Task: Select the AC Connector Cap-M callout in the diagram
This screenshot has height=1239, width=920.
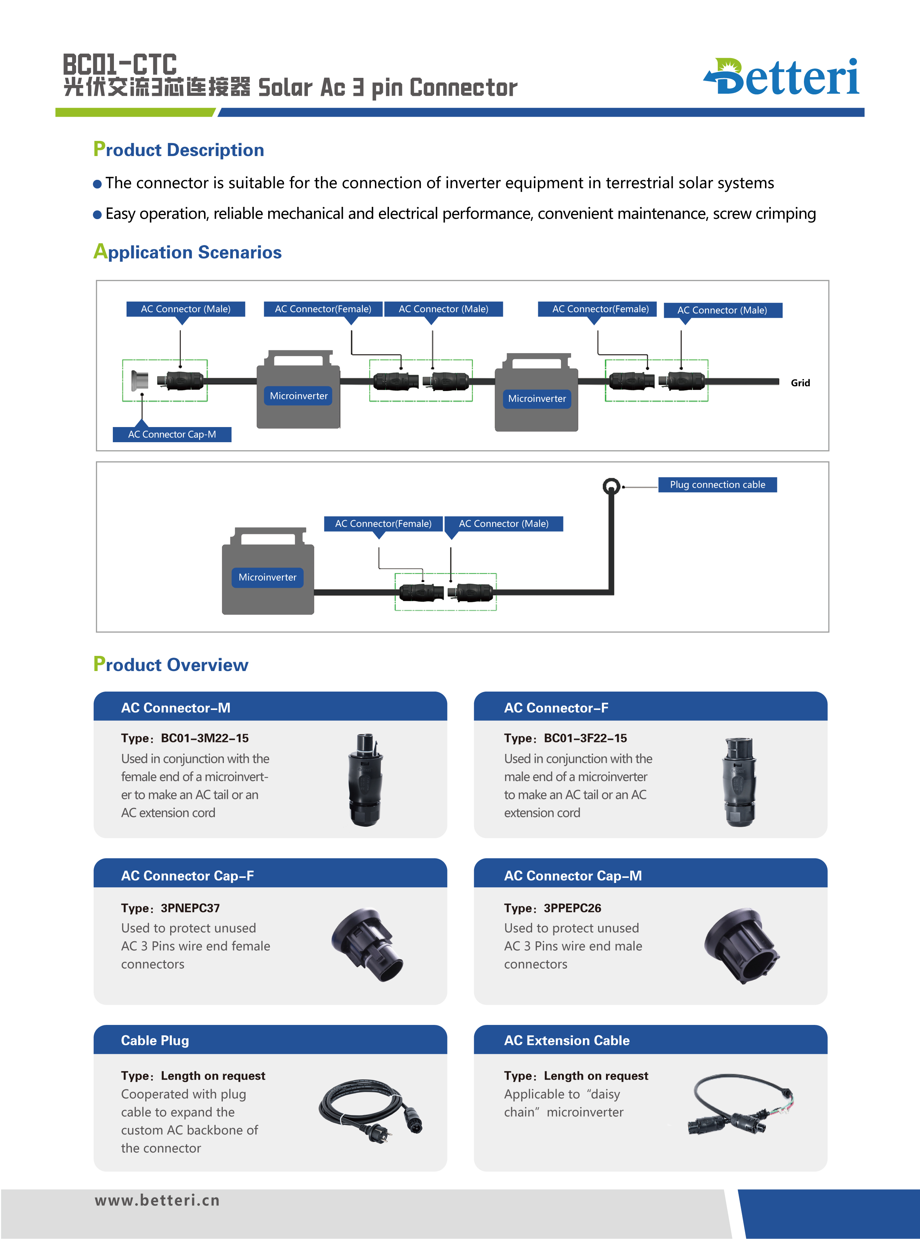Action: (172, 434)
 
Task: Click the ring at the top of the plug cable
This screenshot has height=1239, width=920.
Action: (611, 487)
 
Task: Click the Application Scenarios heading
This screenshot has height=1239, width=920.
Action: (188, 252)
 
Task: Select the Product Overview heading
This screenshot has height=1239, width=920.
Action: (171, 664)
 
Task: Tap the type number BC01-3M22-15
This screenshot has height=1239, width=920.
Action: (204, 738)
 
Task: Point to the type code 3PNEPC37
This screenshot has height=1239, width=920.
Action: (190, 908)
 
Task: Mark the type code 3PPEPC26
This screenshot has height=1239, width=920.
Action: (572, 908)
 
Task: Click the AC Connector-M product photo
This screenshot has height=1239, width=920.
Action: (365, 779)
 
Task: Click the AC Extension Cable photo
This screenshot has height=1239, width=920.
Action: (741, 1105)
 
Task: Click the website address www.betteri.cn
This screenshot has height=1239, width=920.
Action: (157, 1200)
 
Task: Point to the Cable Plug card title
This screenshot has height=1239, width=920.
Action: (155, 1040)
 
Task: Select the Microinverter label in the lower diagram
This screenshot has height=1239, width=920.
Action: (267, 577)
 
